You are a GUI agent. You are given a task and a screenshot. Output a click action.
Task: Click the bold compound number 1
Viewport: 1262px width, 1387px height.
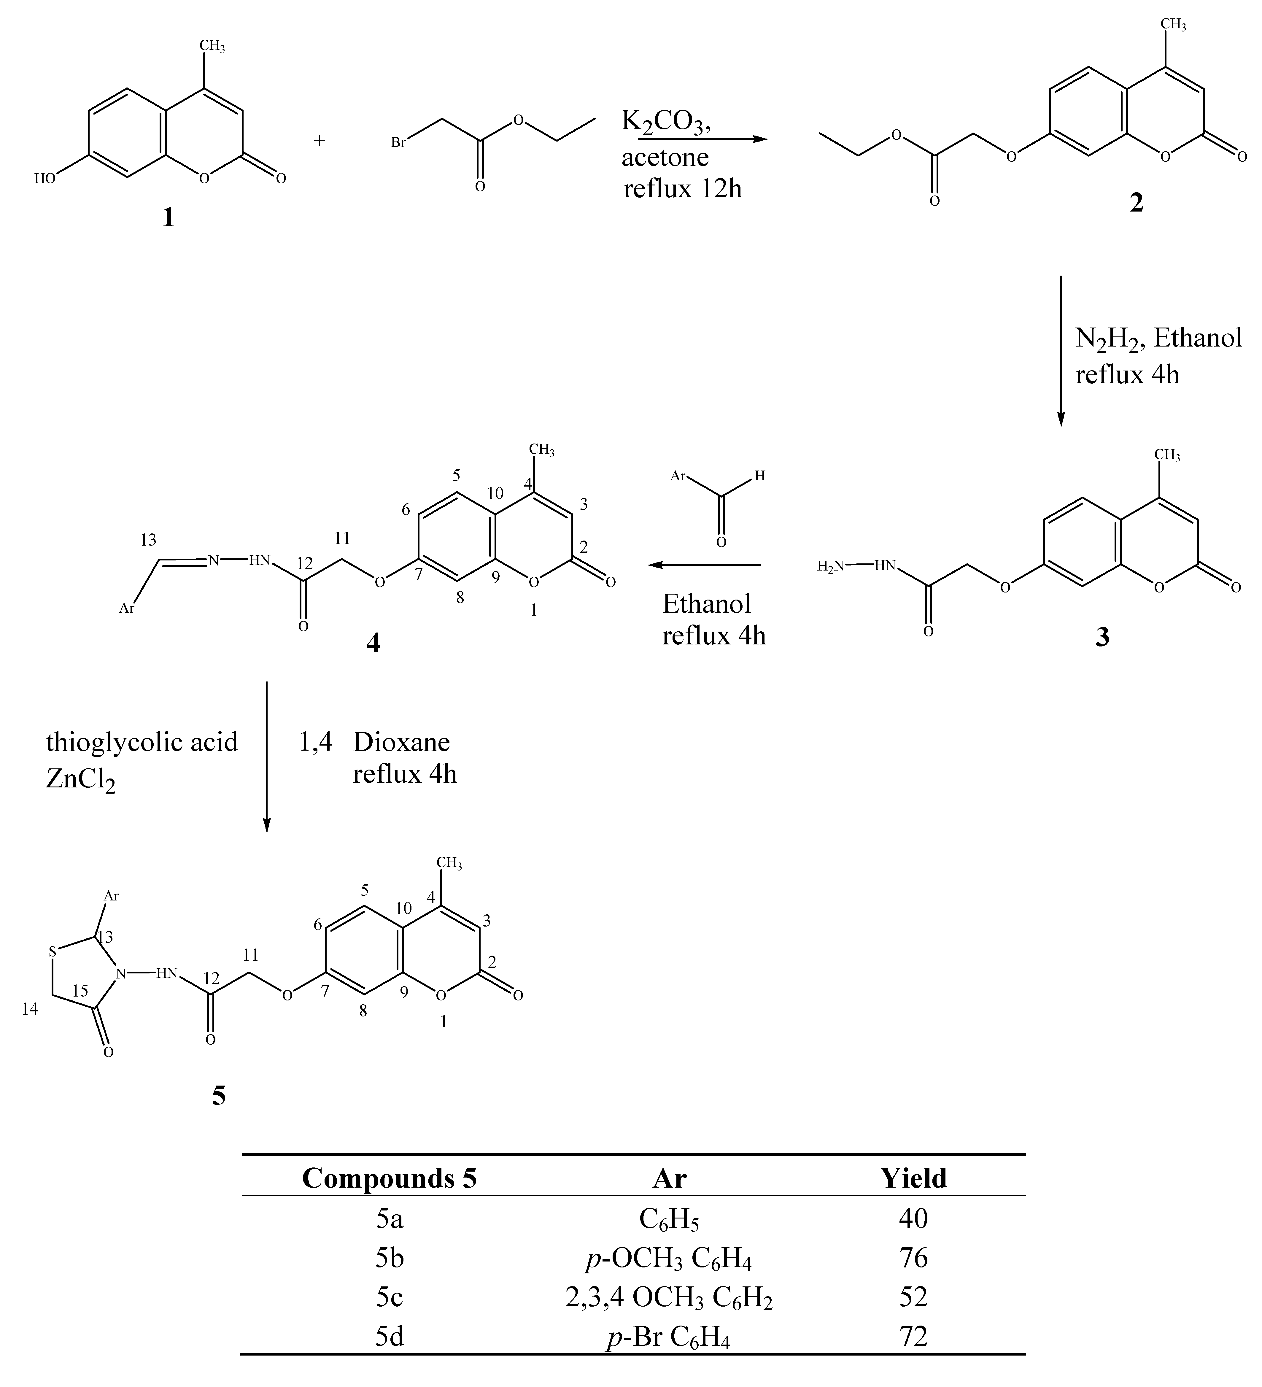point(167,218)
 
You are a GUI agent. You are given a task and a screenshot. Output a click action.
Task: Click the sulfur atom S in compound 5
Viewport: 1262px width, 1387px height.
point(52,952)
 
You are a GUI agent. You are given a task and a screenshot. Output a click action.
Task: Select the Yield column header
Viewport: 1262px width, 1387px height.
point(913,1178)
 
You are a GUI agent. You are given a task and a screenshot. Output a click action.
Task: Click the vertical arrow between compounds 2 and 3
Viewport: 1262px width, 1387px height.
point(1060,351)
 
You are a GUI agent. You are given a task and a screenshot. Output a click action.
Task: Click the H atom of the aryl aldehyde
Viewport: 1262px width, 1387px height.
point(760,475)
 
